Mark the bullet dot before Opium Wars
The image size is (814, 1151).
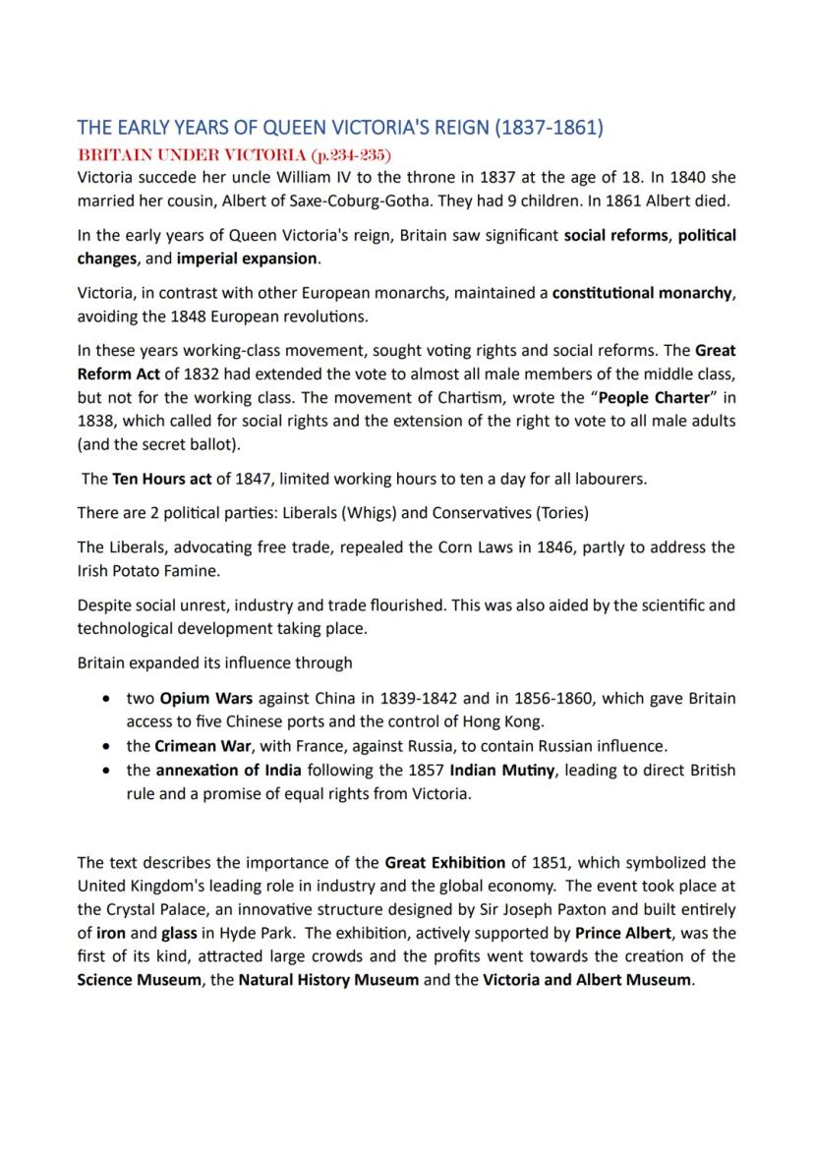tap(105, 699)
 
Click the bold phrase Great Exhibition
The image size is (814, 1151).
tap(444, 863)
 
